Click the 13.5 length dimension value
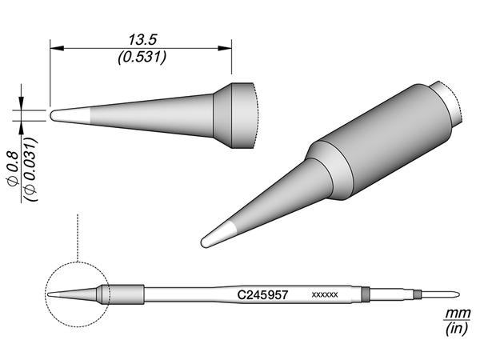pos(142,39)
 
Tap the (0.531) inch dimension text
pos(142,58)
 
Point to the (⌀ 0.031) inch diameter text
pos(31,169)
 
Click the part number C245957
pos(262,294)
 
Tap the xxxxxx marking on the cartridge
pos(325,294)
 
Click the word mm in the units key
pos(457,314)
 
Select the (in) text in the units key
pos(456,329)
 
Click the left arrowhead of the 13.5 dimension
pos(57,48)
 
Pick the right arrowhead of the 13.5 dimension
pos(225,48)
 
